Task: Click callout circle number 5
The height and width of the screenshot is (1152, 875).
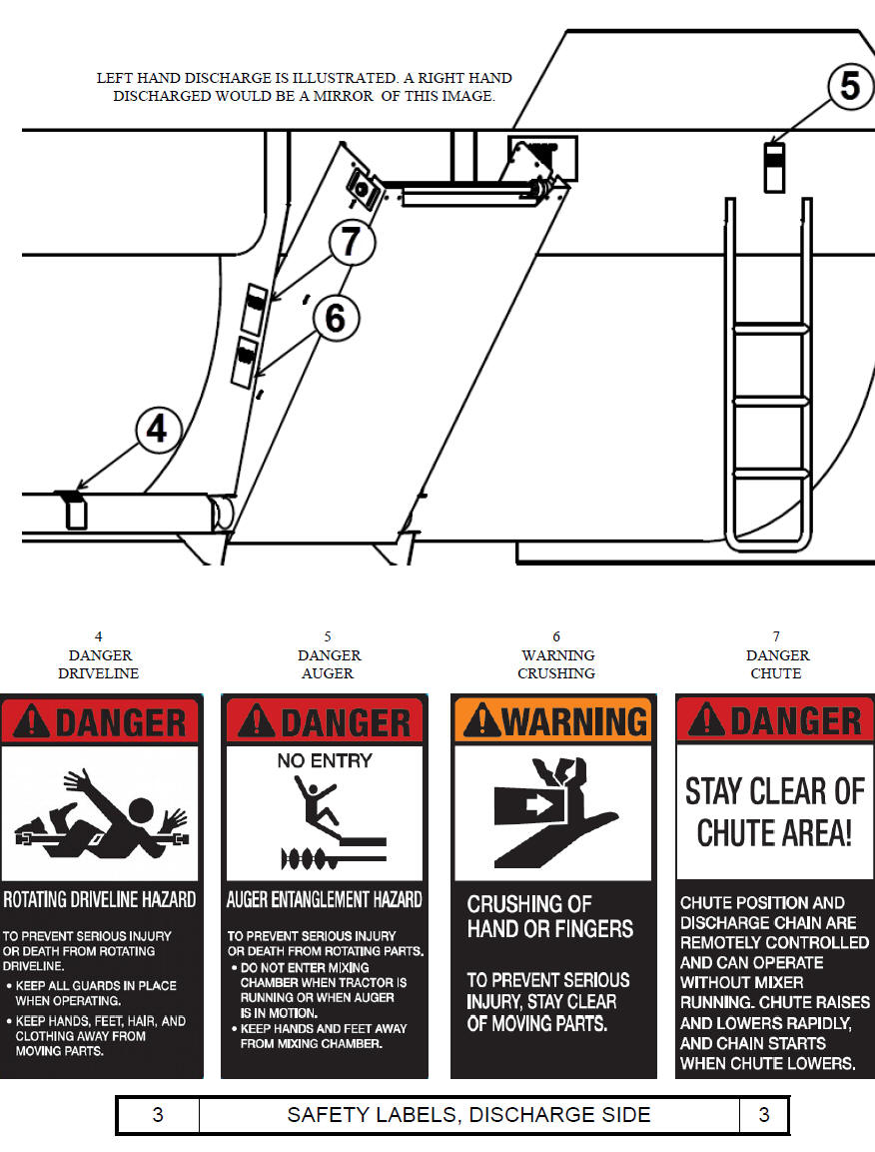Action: (850, 86)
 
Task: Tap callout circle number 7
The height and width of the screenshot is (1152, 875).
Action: (352, 241)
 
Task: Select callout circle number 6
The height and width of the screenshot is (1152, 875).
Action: (336, 318)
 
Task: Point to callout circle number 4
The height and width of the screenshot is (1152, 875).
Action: (158, 429)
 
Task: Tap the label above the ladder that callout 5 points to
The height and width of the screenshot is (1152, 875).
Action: (774, 168)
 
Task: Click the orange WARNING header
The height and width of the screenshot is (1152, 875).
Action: (553, 720)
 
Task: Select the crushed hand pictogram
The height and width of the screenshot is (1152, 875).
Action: (553, 811)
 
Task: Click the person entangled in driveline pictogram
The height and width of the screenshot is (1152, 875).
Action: (101, 814)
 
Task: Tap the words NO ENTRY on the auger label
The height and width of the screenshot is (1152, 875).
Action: (325, 761)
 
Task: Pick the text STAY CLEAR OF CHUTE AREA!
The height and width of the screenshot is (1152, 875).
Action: (774, 812)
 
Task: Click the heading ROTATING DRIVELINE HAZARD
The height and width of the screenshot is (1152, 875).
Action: (100, 900)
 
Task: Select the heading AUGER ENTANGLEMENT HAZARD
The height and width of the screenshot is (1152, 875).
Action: (324, 900)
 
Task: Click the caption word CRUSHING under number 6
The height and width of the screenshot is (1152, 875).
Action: (556, 673)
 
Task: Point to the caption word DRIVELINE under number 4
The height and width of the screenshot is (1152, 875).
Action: (99, 673)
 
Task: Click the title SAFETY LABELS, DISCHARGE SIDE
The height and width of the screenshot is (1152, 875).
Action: (468, 1114)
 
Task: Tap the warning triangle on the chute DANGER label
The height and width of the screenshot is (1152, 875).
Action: (707, 719)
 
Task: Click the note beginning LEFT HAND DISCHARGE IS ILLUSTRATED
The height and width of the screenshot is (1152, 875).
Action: (305, 87)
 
